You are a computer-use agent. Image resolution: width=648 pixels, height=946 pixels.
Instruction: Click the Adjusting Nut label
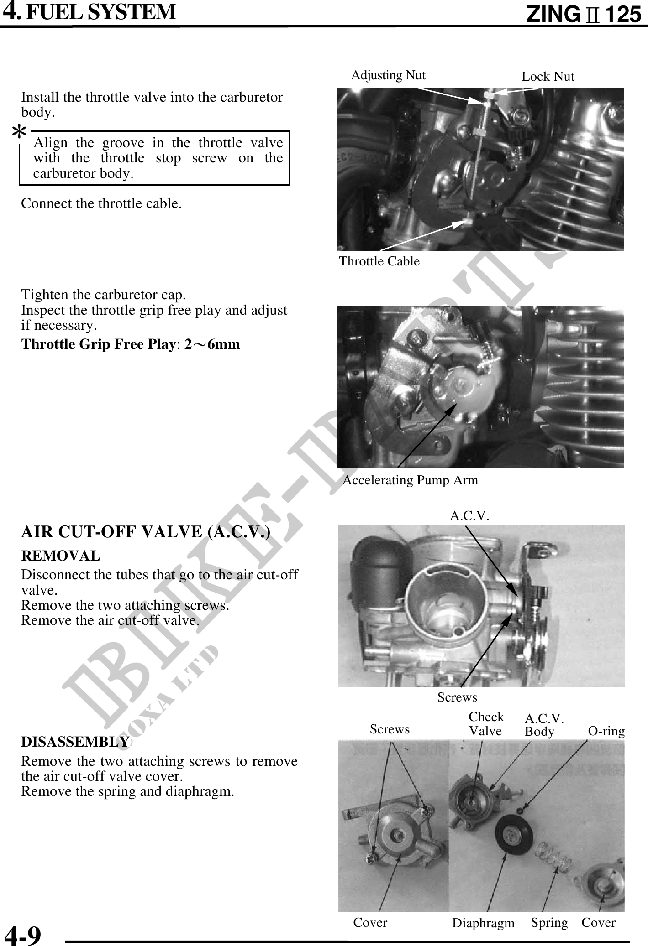[388, 75]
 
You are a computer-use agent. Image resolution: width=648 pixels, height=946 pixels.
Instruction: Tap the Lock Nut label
[548, 77]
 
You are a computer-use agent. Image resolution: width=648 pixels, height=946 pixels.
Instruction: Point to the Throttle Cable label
[379, 261]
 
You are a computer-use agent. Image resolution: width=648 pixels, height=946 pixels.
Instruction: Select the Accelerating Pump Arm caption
[410, 480]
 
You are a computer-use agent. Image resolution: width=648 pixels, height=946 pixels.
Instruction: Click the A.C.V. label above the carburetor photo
[469, 516]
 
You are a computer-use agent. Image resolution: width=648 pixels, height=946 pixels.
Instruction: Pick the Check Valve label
[486, 724]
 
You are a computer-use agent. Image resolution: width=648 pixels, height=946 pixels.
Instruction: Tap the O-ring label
[606, 731]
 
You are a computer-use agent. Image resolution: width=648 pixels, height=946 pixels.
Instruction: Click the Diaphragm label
[483, 923]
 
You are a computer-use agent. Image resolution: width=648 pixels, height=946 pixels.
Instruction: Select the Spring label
[549, 922]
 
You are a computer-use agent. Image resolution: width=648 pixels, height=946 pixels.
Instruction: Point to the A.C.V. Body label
[544, 725]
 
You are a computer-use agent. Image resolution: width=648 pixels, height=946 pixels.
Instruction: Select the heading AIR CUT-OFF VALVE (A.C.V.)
[146, 532]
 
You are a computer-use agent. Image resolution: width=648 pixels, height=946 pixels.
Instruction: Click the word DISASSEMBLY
[75, 742]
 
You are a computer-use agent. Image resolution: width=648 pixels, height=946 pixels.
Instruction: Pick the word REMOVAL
[61, 556]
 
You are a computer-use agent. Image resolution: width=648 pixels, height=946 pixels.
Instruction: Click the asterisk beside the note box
[19, 133]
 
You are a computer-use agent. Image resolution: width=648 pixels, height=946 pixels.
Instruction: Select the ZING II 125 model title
[584, 15]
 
